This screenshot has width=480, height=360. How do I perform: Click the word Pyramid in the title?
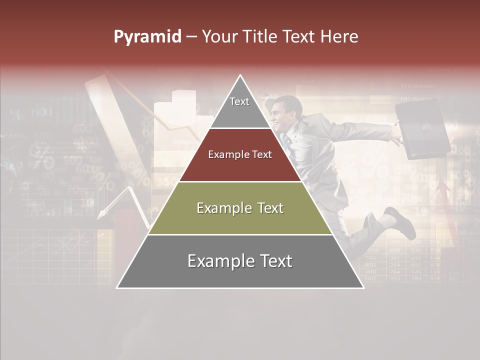(147, 37)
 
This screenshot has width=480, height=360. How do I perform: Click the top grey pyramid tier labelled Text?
(240, 107)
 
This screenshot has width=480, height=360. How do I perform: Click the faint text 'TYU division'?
(417, 86)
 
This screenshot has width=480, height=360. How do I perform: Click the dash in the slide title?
(191, 37)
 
